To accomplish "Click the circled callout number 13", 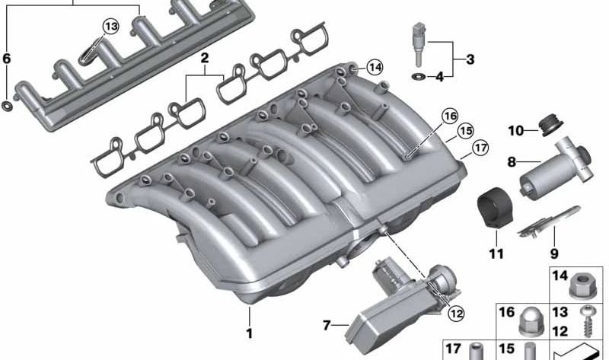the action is click(110, 27).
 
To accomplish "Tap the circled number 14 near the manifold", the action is click(375, 68).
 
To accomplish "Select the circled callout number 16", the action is click(450, 116).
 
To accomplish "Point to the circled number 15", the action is click(465, 131).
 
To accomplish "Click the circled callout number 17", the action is click(480, 148).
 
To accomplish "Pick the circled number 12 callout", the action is click(456, 313).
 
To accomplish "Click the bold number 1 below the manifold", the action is click(250, 333).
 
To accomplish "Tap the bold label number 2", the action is click(204, 59).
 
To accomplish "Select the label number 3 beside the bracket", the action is click(470, 60).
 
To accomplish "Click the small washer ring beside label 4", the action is click(418, 77).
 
